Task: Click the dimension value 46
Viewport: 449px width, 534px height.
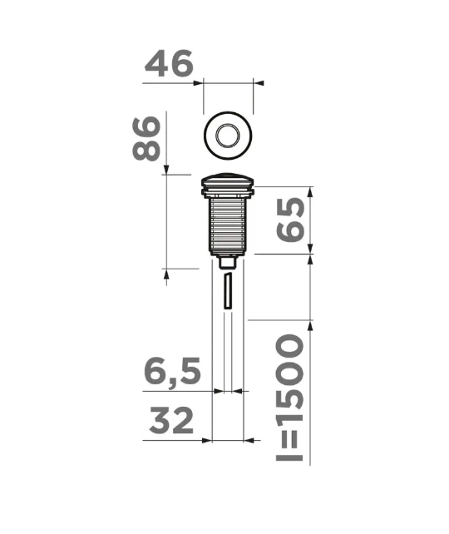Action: [x=169, y=64]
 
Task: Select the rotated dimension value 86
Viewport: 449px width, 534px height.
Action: [x=147, y=139]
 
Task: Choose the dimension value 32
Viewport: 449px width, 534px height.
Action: [x=171, y=423]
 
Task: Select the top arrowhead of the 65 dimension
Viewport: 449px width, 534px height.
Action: [x=311, y=191]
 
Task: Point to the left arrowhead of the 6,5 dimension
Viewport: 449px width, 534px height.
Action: [x=219, y=390]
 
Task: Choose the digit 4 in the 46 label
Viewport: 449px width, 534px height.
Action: [x=157, y=64]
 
